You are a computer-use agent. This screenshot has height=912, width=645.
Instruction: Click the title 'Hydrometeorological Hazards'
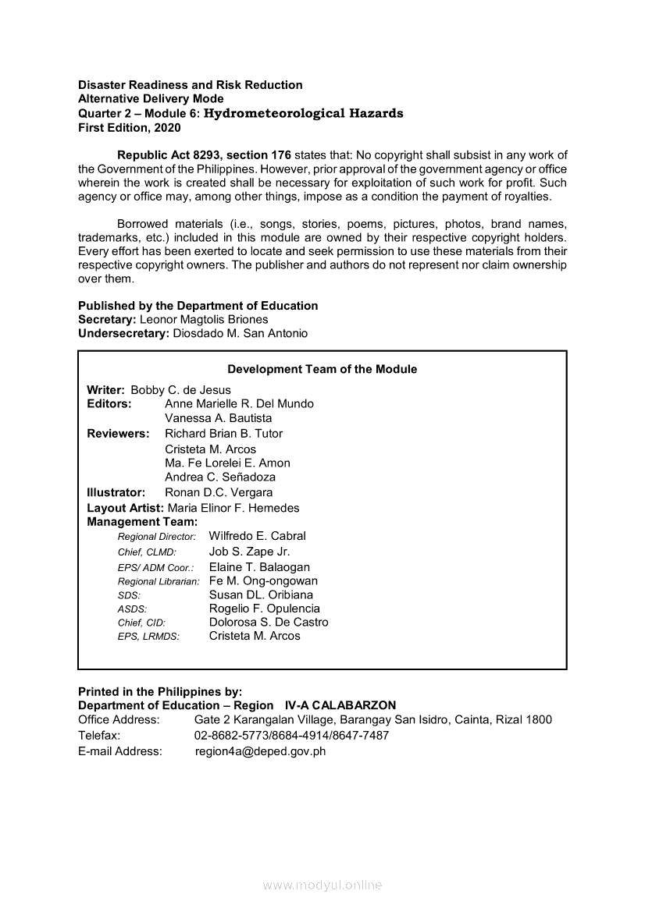click(x=303, y=113)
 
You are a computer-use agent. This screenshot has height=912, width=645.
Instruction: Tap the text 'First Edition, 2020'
click(x=129, y=127)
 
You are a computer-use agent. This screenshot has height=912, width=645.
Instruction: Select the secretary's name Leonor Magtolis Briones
click(x=204, y=319)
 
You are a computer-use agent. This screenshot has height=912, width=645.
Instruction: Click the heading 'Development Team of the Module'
click(x=322, y=369)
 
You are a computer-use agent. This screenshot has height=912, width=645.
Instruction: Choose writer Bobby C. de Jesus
click(x=180, y=389)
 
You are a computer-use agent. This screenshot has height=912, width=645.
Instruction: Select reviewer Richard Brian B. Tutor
click(x=223, y=433)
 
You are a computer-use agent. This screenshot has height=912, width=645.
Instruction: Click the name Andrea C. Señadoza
click(x=219, y=477)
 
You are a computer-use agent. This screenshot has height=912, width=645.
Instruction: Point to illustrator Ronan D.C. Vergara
click(x=219, y=492)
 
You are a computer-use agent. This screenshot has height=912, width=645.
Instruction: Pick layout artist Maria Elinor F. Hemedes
click(x=239, y=508)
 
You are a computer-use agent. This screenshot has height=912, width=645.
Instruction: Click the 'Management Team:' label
click(x=142, y=521)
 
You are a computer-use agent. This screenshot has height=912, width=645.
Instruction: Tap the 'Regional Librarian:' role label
click(x=159, y=581)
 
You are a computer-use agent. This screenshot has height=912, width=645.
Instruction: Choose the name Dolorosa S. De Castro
click(x=269, y=622)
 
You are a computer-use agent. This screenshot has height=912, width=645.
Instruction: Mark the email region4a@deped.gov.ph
click(x=260, y=751)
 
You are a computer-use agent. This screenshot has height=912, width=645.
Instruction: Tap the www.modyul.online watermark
click(x=322, y=885)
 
